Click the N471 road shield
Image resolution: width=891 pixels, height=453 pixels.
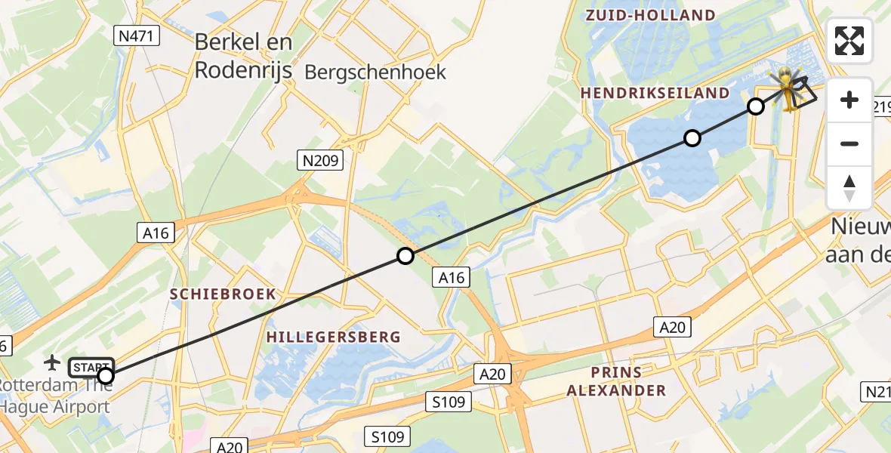point(137,35)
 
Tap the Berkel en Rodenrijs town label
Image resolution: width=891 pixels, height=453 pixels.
point(243,56)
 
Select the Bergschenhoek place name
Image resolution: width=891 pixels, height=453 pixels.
point(375,72)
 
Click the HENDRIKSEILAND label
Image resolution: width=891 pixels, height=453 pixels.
point(655,94)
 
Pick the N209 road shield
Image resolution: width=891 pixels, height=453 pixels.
point(321,160)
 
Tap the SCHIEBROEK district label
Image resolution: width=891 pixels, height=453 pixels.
point(223,294)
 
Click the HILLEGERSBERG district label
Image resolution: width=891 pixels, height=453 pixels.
point(333,337)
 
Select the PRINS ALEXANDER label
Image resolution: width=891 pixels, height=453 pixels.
point(616,381)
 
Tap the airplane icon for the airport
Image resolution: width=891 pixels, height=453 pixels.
point(52,362)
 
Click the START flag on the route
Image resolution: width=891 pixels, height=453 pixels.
point(91,368)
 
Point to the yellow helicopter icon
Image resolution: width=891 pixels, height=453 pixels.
point(788,88)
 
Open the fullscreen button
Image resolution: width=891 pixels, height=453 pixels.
point(849,41)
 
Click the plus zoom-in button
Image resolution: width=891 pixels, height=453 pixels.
point(849,100)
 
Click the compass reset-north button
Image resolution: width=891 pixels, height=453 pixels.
point(849,187)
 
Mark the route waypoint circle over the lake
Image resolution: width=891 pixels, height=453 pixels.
point(692,138)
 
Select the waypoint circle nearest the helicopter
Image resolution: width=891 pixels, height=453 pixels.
point(756,106)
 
